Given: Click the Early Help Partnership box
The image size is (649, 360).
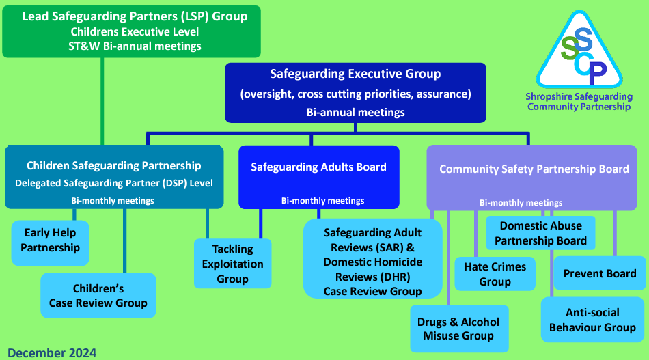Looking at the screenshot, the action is (50, 243).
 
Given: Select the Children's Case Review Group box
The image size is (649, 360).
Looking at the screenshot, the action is (98, 295).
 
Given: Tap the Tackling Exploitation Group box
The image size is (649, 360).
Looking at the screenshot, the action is (232, 263).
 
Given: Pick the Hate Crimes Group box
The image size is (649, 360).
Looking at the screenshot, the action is (495, 273).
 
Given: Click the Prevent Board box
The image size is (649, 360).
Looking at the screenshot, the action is (600, 273).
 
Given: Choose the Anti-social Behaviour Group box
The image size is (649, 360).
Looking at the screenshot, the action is (592, 320).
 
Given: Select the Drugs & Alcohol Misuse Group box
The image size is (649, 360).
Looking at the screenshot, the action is (460, 329).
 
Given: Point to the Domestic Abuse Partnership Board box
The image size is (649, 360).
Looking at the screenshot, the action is (540, 233).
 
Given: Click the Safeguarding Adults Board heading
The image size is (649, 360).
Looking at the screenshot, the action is (319, 167).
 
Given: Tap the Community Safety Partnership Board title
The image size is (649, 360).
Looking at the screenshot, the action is (534, 169).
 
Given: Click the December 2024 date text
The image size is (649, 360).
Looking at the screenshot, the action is (52, 352).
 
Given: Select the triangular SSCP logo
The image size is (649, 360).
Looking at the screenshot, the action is (579, 49).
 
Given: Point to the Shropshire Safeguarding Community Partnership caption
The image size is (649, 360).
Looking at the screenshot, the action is (579, 101).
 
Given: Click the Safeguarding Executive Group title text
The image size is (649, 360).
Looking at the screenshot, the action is (355, 74).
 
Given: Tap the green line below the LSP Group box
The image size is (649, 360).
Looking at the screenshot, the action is (102, 101).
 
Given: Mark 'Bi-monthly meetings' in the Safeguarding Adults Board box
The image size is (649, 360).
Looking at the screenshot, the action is (323, 201).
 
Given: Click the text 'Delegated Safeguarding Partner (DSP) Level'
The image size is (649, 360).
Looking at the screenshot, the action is (114, 183).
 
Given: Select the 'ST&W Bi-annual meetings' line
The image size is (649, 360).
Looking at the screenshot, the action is (135, 46).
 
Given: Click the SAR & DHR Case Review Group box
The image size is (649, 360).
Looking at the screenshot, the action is (372, 259).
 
